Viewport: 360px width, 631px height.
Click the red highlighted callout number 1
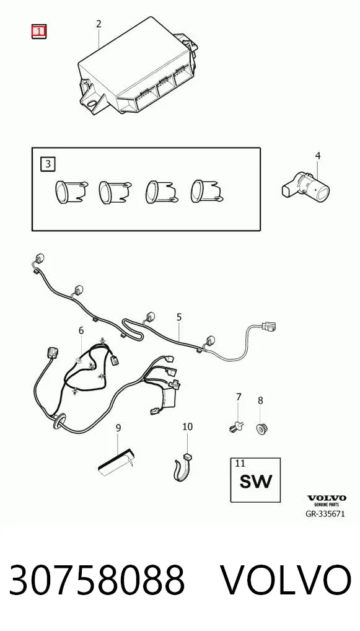point(39,32)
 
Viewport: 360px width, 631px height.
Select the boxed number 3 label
point(48,164)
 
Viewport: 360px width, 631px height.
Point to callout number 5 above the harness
point(179,317)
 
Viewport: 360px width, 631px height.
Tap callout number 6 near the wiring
point(81,330)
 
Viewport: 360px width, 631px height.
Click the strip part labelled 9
point(116,462)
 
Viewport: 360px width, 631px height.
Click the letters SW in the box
point(256,481)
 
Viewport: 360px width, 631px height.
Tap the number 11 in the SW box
point(240,463)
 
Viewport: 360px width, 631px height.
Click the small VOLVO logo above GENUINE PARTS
point(327,498)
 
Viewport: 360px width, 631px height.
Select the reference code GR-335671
point(326,514)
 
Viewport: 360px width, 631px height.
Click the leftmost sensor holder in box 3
point(71,191)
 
